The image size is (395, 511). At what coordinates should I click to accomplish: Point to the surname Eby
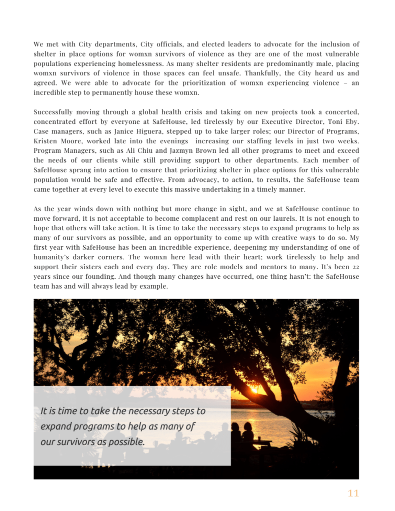(352, 122)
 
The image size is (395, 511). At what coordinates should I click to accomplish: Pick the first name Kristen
(46, 141)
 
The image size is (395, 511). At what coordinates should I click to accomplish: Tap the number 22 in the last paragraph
(354, 267)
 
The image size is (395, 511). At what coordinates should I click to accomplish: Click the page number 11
(353, 494)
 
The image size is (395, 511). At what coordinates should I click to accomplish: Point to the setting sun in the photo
(254, 389)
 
